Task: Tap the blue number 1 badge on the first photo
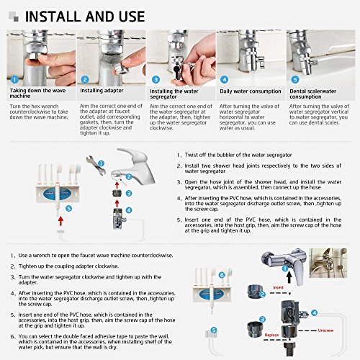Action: [14, 80]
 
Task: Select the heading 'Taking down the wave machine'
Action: [37, 96]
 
